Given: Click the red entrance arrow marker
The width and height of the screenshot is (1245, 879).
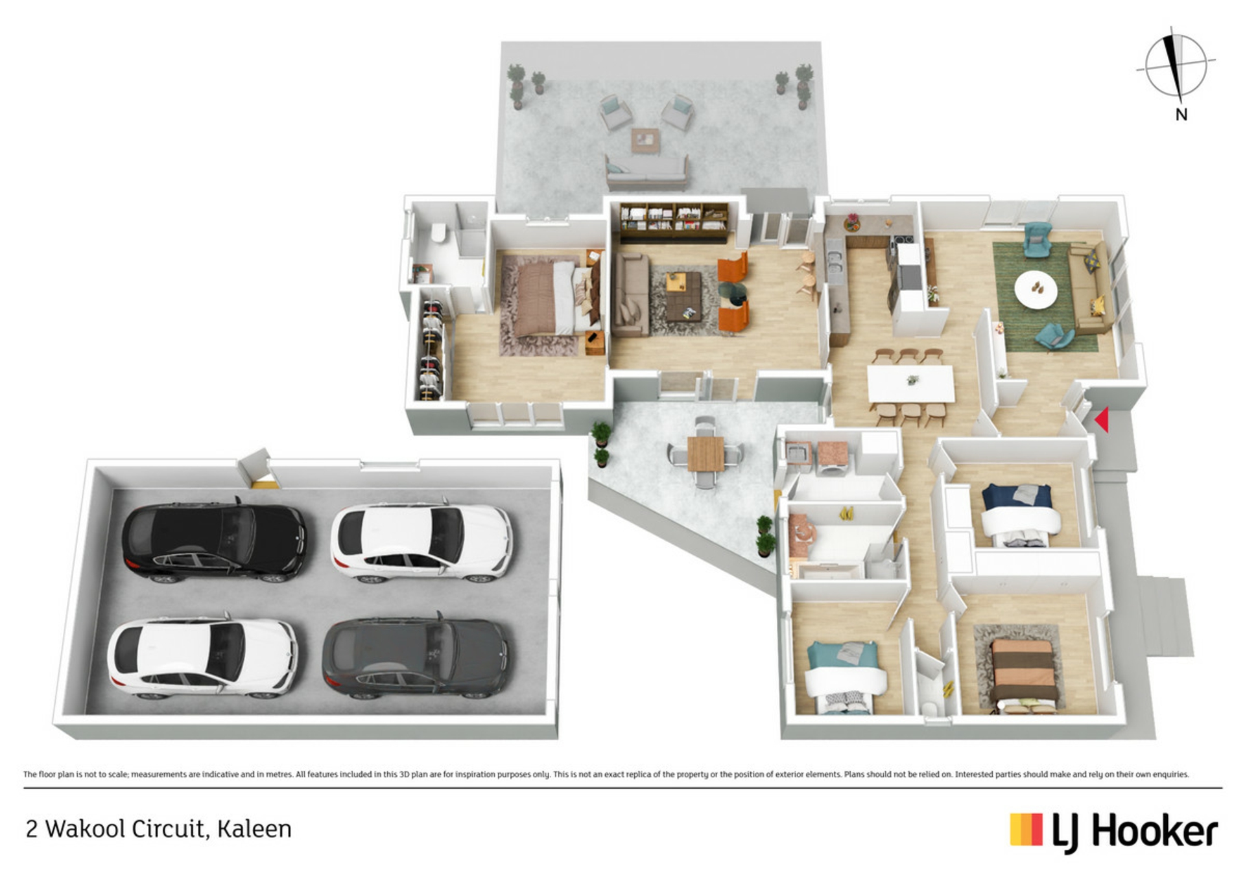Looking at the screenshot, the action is pos(1102,419).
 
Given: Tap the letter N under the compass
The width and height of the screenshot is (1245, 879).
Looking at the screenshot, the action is pos(1181,115).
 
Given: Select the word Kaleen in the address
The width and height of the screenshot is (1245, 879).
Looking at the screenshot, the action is pos(254,829).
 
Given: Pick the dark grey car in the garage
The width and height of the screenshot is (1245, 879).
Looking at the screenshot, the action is pos(416,657).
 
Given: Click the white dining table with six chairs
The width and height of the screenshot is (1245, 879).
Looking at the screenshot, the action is pos(910,383).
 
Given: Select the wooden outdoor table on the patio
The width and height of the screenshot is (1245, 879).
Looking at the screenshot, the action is pos(705,453).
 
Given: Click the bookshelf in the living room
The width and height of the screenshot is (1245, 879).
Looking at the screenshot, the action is pos(674,223).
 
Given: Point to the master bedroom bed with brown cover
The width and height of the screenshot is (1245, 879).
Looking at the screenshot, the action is pos(551,298).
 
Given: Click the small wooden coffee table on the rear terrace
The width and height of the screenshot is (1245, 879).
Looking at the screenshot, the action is pos(645,139).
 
